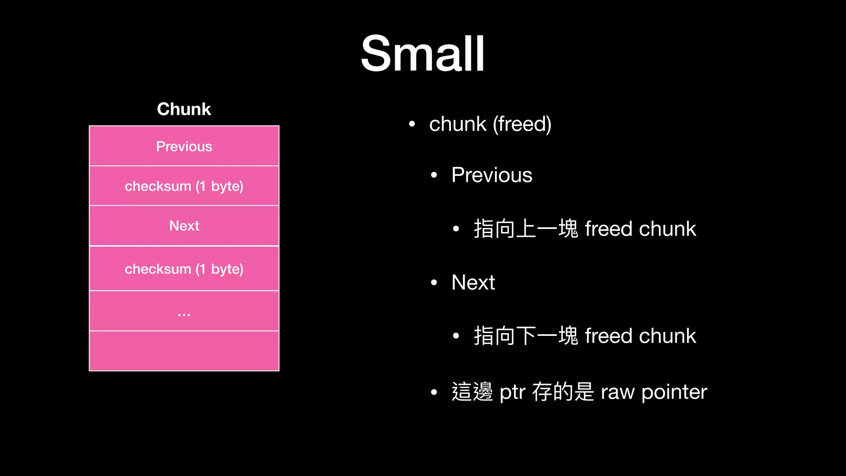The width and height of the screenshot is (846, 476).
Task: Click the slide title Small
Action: [423, 54]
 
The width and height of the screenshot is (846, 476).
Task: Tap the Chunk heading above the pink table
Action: [184, 109]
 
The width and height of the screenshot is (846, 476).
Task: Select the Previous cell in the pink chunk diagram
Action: [184, 146]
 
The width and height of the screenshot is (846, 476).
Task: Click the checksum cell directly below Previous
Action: [184, 186]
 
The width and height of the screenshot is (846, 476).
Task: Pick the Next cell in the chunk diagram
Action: [184, 226]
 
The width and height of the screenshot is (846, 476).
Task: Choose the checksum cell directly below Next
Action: [184, 269]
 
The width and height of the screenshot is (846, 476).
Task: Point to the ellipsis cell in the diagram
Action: [184, 311]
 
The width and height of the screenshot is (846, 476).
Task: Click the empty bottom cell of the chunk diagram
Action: [184, 351]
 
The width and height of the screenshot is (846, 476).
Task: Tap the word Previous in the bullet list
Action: [492, 175]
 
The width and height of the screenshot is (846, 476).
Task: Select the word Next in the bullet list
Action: [473, 283]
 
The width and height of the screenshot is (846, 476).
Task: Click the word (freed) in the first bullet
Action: [522, 124]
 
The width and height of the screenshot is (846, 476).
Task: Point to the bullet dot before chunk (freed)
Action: [411, 124]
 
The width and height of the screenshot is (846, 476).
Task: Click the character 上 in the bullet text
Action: [526, 229]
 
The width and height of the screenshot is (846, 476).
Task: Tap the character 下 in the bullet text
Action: [526, 336]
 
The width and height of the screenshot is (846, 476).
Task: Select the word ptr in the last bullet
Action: [512, 392]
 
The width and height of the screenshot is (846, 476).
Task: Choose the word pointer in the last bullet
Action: [674, 392]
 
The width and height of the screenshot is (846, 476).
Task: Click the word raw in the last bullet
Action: [618, 392]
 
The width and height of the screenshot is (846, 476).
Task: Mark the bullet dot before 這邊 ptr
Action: [434, 392]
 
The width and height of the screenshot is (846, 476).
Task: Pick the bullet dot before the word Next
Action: [434, 283]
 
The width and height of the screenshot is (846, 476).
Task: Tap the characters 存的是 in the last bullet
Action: [563, 392]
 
